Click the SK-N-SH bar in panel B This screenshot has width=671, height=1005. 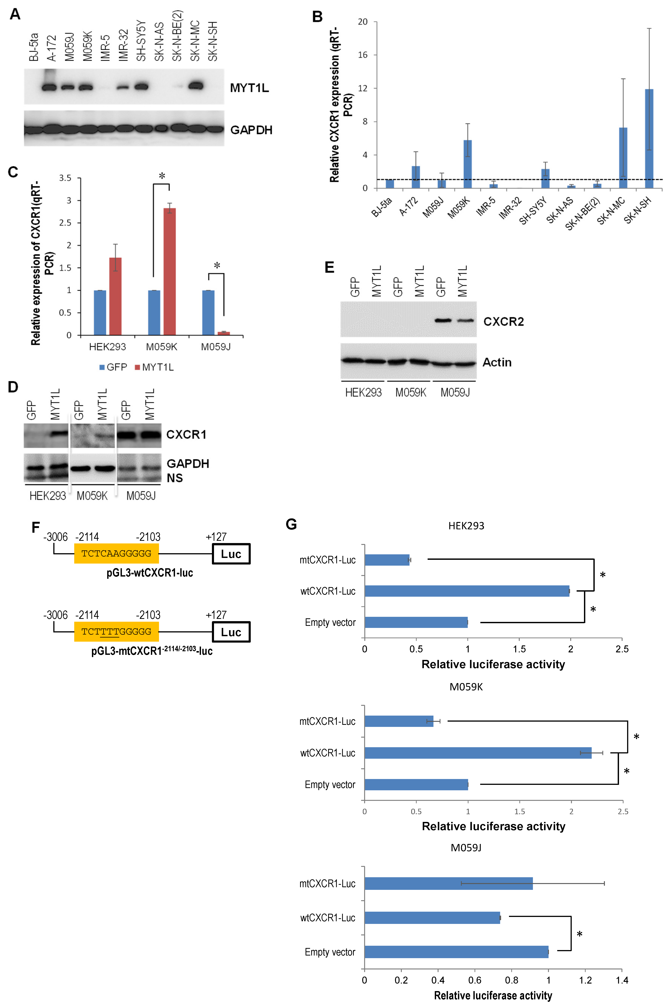coord(649,139)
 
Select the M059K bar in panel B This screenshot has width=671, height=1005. coord(468,164)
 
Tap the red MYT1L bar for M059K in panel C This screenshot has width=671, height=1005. coord(170,272)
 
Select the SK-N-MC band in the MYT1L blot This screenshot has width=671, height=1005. coord(196,86)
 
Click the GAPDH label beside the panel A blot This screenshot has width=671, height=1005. coord(251,130)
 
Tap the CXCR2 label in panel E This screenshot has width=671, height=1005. coord(503,321)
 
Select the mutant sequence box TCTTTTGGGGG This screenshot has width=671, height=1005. coord(116,631)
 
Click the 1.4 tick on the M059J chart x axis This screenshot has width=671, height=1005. coord(622,980)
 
